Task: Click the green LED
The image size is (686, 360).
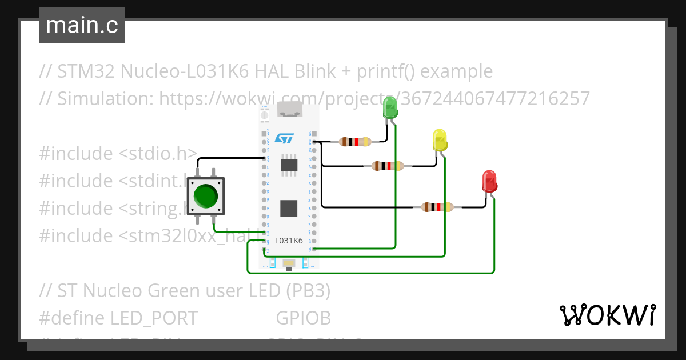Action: pos(390,108)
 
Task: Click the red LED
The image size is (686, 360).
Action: pos(489,182)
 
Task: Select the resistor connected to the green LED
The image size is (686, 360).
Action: pos(355,142)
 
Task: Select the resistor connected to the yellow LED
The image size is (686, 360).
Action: pos(388,166)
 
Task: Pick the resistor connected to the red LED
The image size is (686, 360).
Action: pos(437,207)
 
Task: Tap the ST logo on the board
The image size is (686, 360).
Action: pos(284,138)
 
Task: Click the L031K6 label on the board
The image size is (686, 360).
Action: pos(289,241)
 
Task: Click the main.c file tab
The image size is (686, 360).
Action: pos(82,25)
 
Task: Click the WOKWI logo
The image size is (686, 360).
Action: pos(607,315)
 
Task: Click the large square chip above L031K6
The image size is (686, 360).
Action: pos(289,209)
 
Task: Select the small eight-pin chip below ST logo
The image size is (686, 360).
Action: pos(289,165)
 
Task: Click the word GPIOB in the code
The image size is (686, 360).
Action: pos(303,318)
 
